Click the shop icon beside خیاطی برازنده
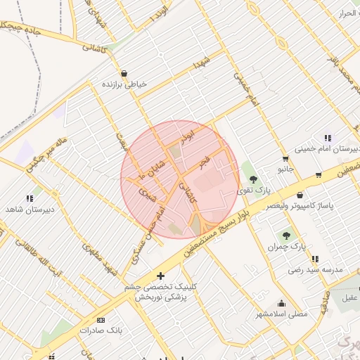[124, 72]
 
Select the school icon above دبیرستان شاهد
[30, 199]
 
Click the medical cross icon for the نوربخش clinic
[161, 276]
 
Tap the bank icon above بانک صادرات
[100, 319]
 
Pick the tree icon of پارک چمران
[286, 236]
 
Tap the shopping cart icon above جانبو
[285, 158]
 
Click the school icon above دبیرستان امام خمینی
[327, 138]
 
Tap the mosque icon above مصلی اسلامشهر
[281, 303]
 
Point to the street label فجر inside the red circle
[204, 162]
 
